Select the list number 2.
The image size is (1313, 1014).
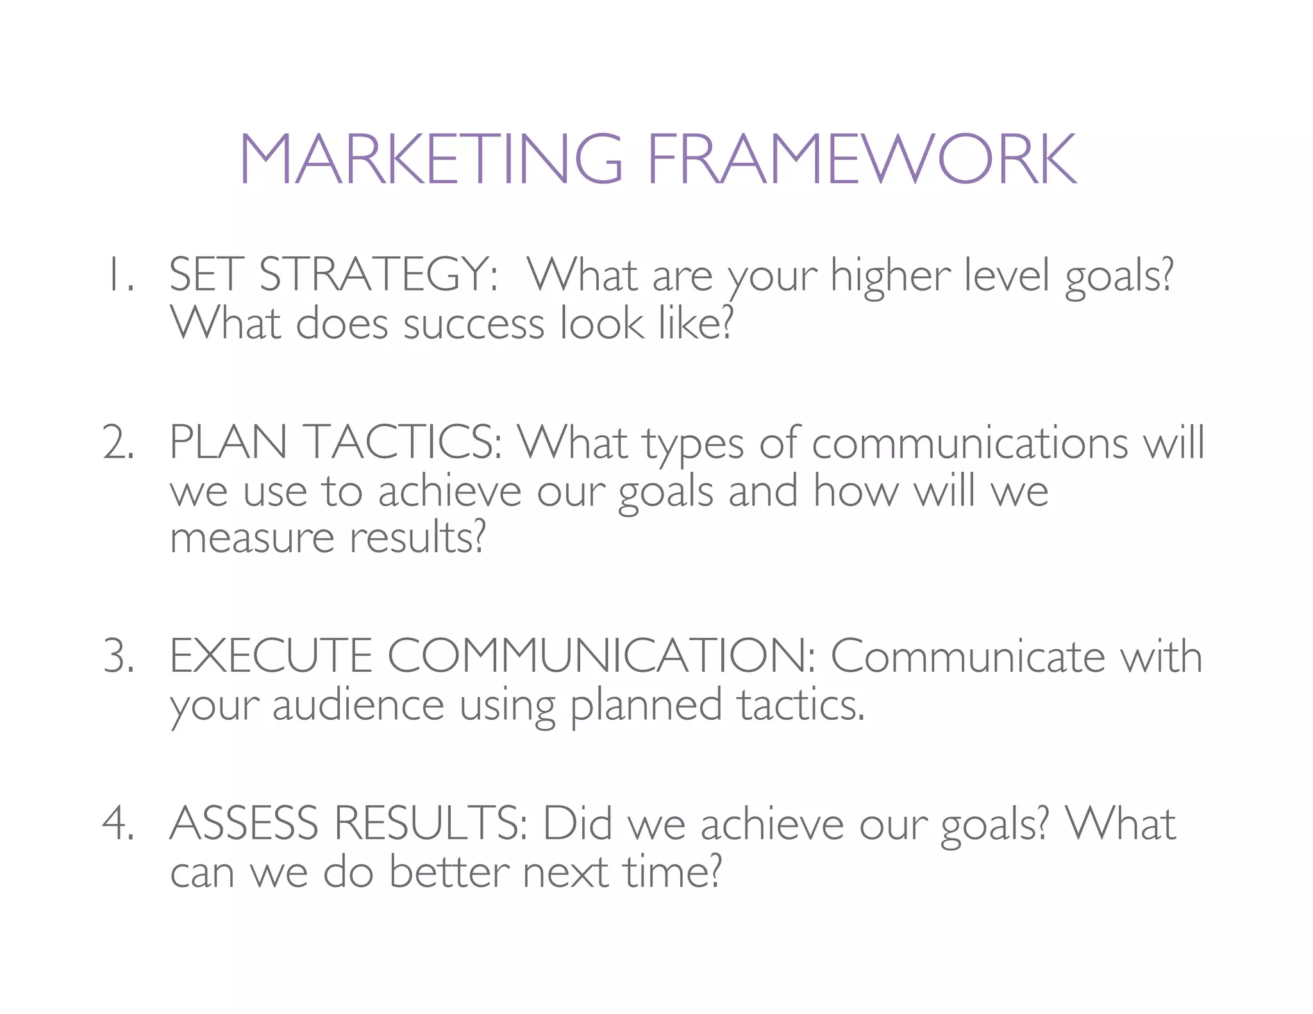click(x=119, y=444)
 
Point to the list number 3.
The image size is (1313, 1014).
click(x=119, y=657)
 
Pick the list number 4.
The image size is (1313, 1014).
click(x=119, y=824)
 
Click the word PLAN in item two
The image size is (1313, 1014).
click(x=228, y=444)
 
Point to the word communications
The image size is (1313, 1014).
click(x=969, y=444)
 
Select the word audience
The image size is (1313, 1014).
click(x=358, y=705)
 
